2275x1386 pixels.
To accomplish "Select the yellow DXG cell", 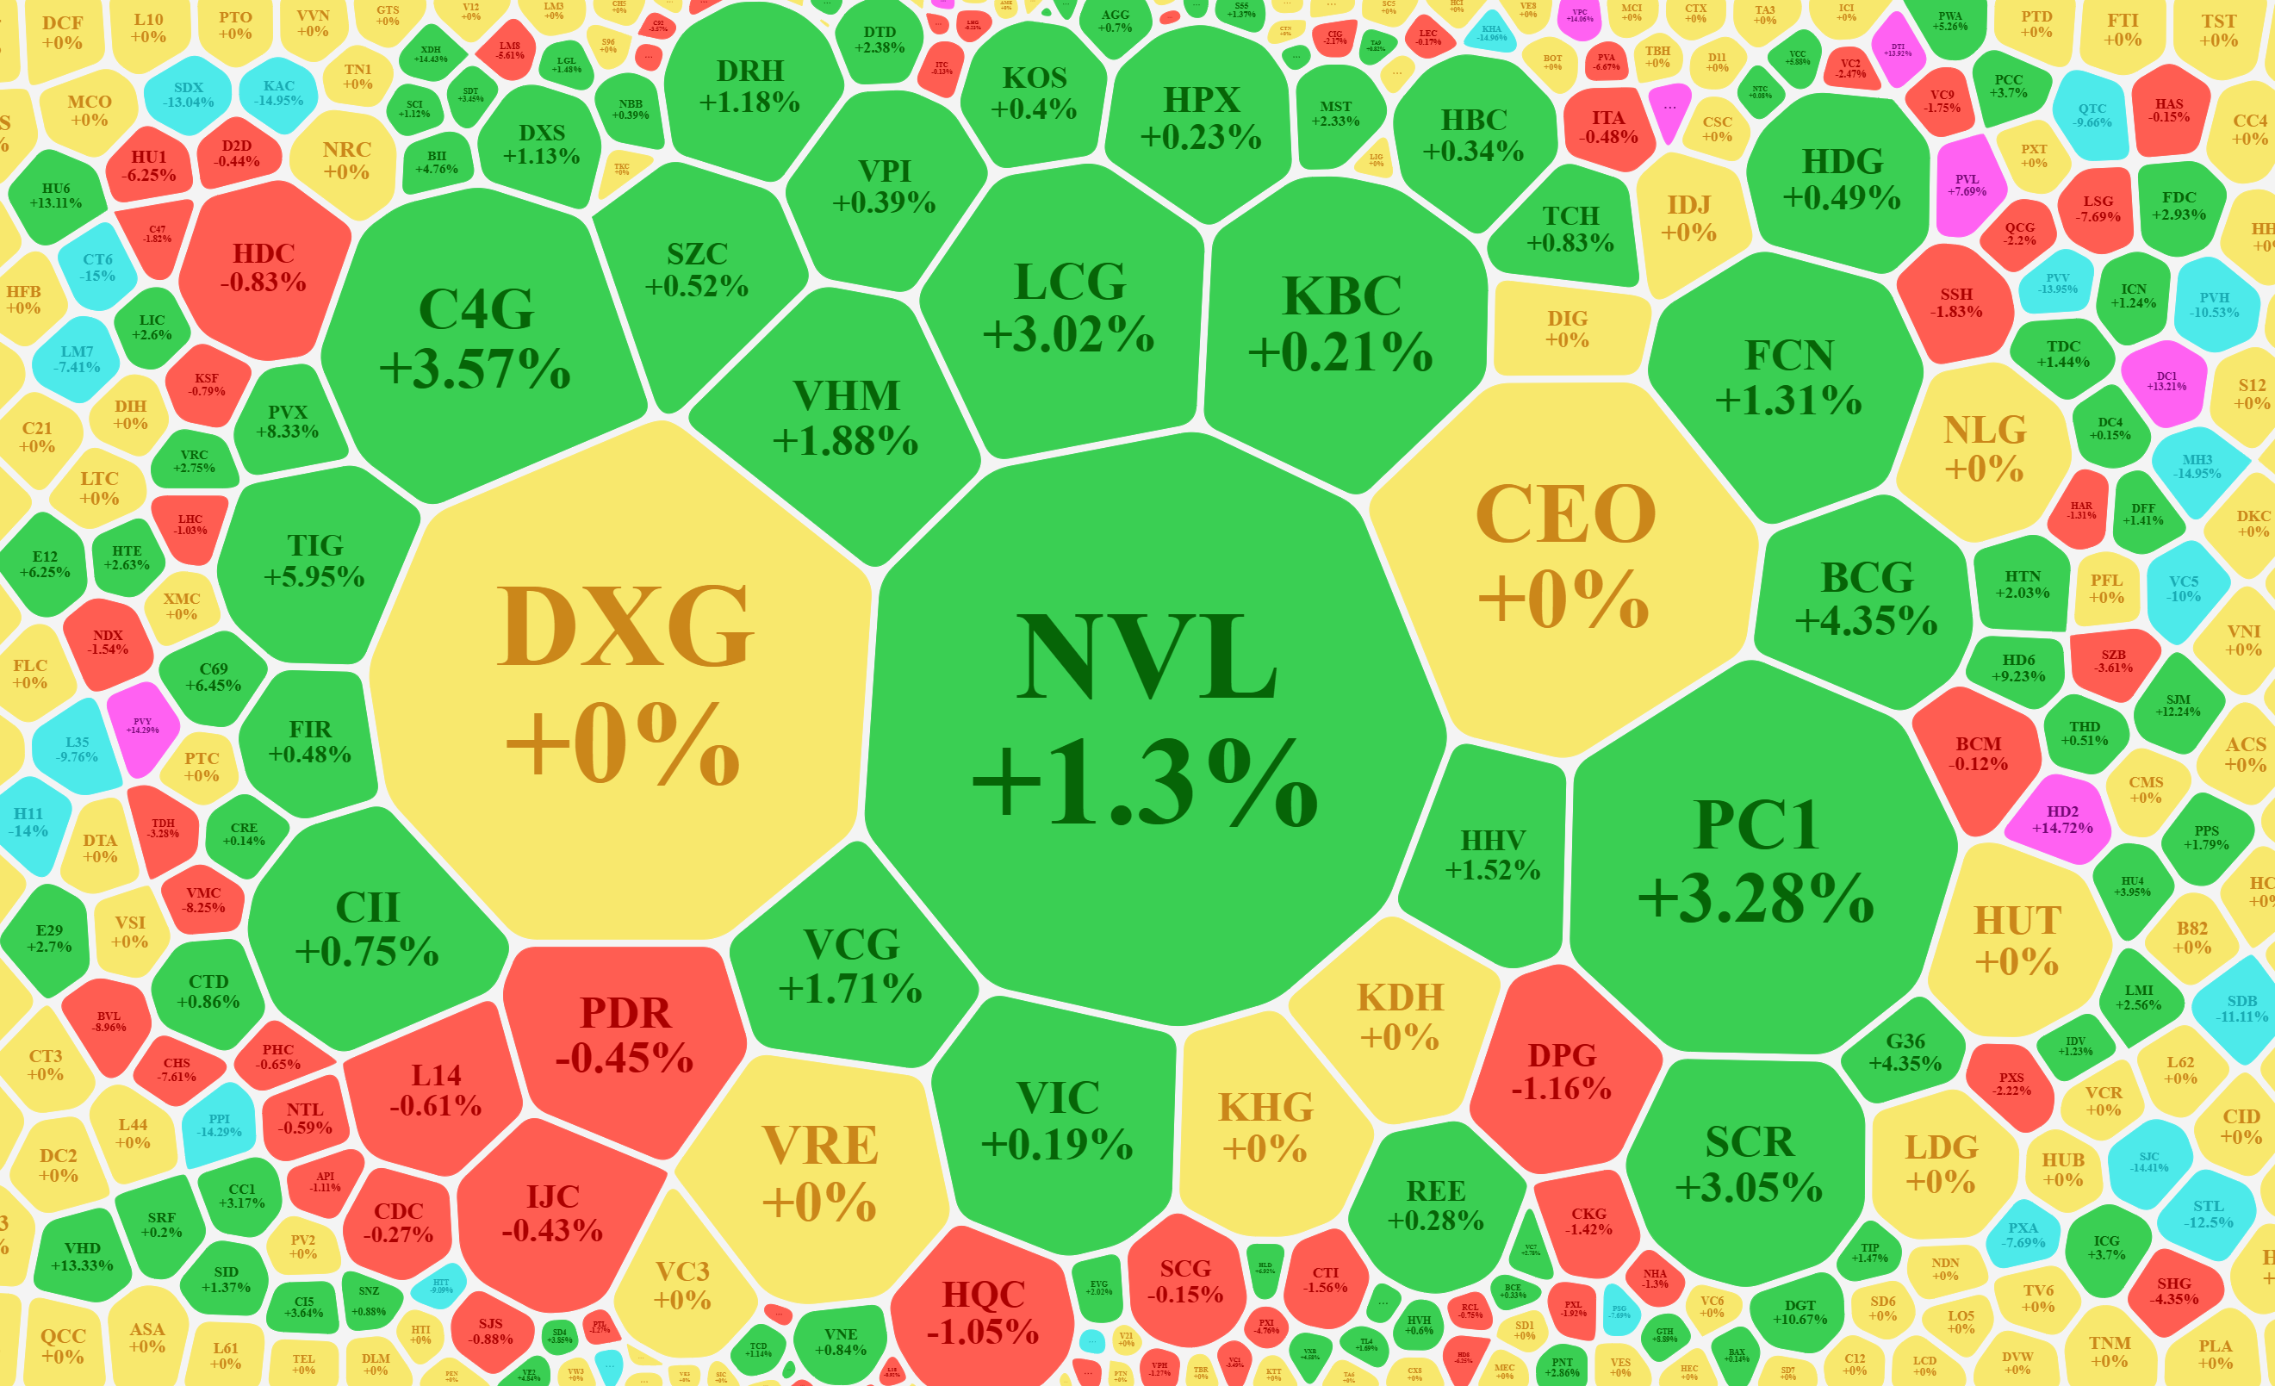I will coord(623,683).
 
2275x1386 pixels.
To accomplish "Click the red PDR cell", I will coord(625,1035).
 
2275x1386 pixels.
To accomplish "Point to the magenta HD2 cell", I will coord(2061,819).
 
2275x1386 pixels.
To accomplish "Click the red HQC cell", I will coord(984,1311).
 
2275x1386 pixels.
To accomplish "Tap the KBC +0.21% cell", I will coord(1341,323).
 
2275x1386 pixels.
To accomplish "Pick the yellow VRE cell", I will coord(820,1172).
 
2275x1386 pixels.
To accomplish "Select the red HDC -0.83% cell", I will coord(263,268).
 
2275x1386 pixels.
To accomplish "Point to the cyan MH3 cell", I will coord(2197,466).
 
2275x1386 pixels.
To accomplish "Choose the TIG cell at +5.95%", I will coord(314,561).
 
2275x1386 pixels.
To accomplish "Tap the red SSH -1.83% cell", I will coord(1955,303).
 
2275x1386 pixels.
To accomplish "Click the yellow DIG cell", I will coord(1568,329).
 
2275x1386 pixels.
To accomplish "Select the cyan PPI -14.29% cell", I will coord(219,1125).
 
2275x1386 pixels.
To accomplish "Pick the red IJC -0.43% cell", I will coord(552,1212).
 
